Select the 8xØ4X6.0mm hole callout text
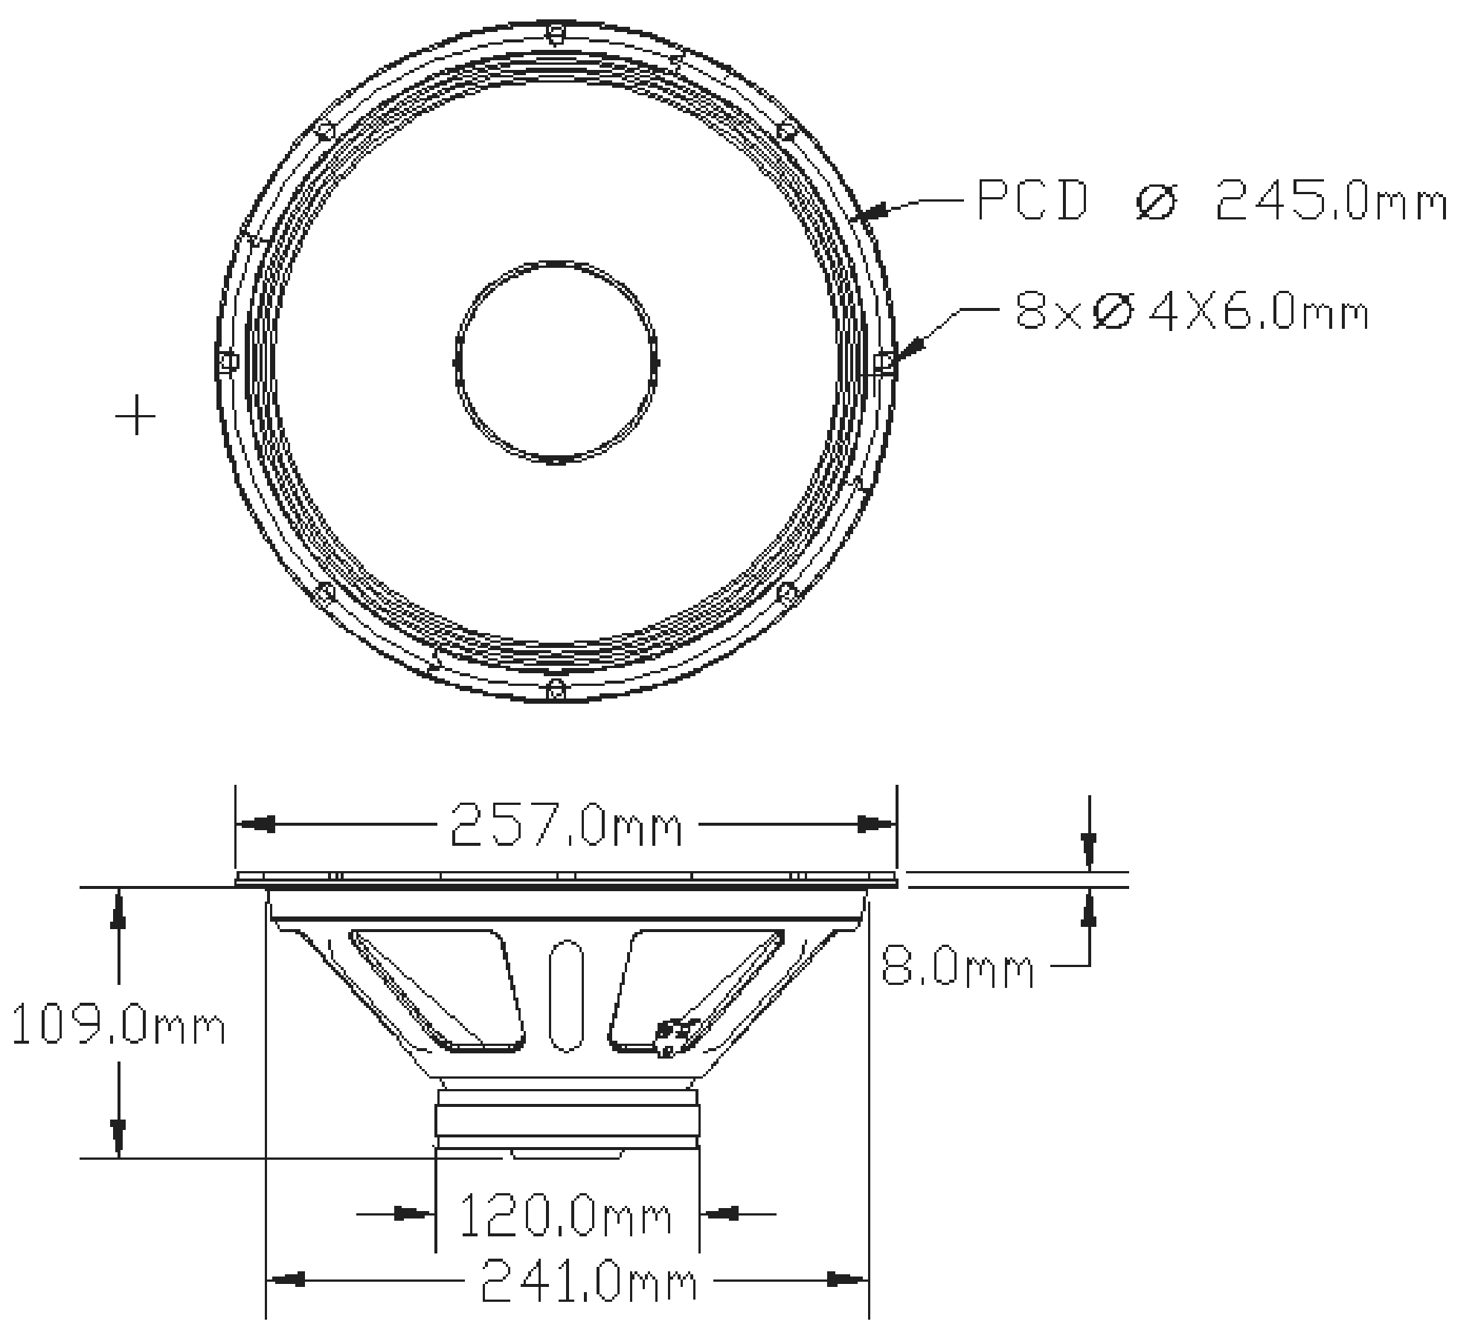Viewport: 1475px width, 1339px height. point(1192,312)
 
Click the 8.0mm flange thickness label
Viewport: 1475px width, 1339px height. point(957,969)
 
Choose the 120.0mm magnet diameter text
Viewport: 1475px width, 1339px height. point(565,1216)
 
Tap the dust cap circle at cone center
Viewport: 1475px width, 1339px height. point(556,362)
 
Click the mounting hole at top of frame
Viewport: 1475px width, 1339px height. point(556,33)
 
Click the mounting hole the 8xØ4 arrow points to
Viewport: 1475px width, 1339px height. point(884,362)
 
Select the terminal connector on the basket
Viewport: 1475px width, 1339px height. point(671,1035)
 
